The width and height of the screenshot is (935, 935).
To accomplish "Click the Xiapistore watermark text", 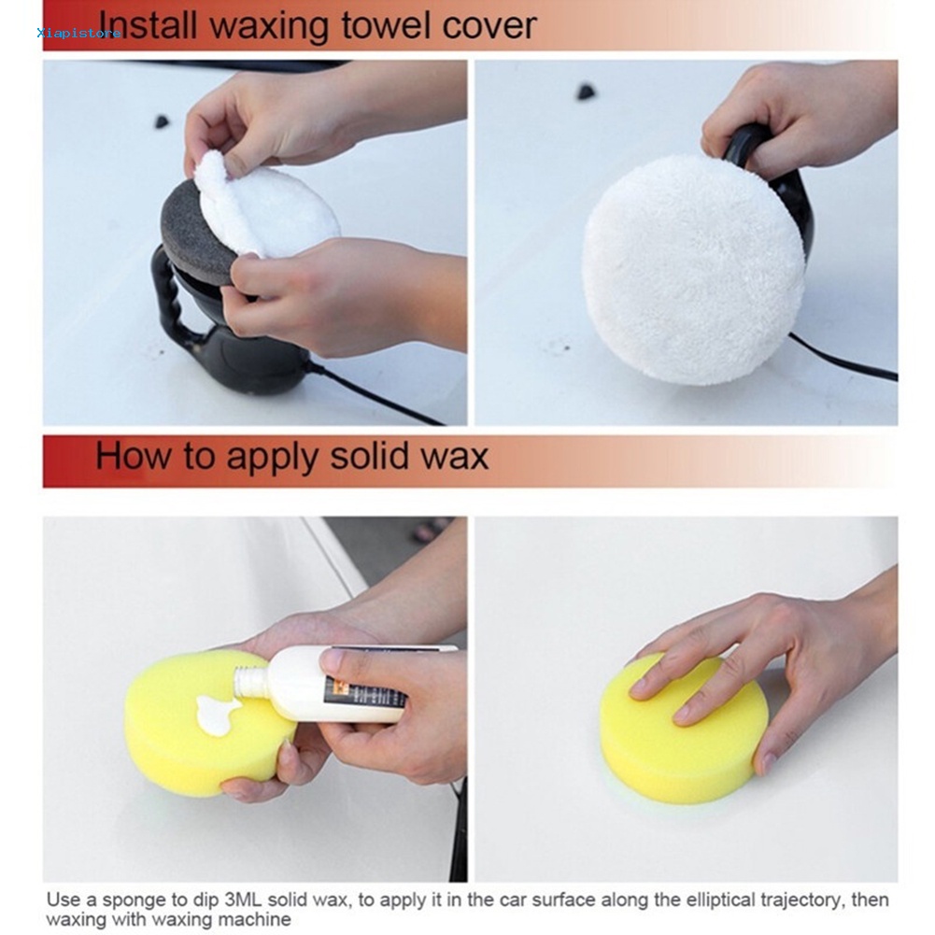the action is pyautogui.click(x=78, y=33).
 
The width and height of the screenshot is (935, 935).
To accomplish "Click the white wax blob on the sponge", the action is pyautogui.click(x=216, y=714).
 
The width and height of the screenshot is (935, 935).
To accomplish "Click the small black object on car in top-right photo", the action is pyautogui.click(x=587, y=92).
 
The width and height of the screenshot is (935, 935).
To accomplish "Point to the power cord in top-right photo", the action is pyautogui.click(x=843, y=357).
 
